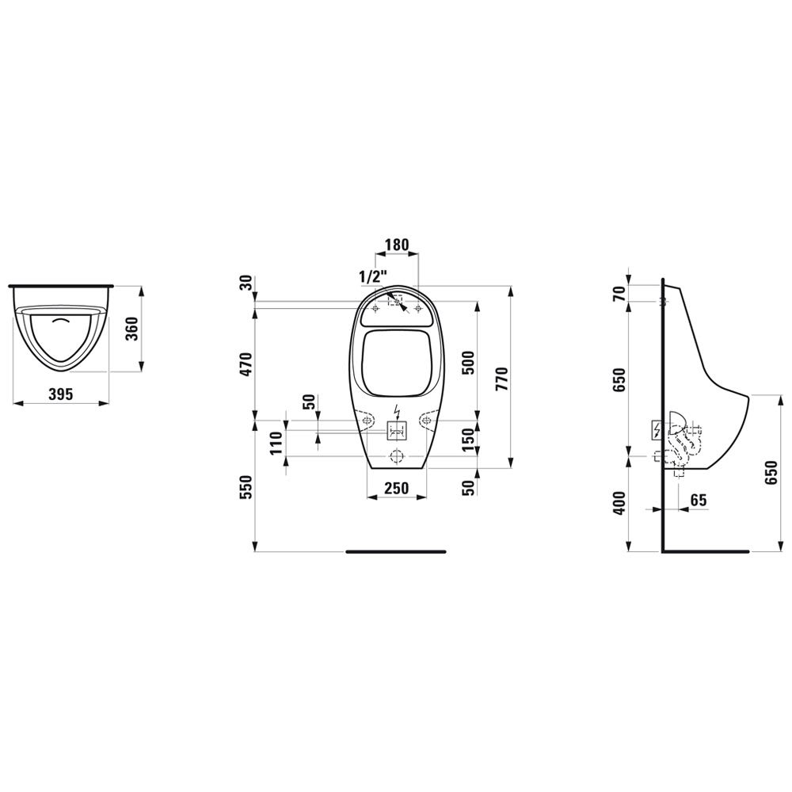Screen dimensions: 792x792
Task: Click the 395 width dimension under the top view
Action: click(x=61, y=394)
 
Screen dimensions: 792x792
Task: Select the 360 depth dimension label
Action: click(x=131, y=329)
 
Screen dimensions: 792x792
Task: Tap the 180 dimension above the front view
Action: click(x=397, y=245)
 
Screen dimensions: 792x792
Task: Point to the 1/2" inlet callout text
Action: click(x=373, y=276)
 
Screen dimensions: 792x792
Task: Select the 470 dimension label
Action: click(x=245, y=364)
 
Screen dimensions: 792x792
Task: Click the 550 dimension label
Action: click(x=245, y=487)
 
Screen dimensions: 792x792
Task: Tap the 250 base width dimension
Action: click(x=397, y=488)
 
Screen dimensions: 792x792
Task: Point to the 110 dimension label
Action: click(x=276, y=443)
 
